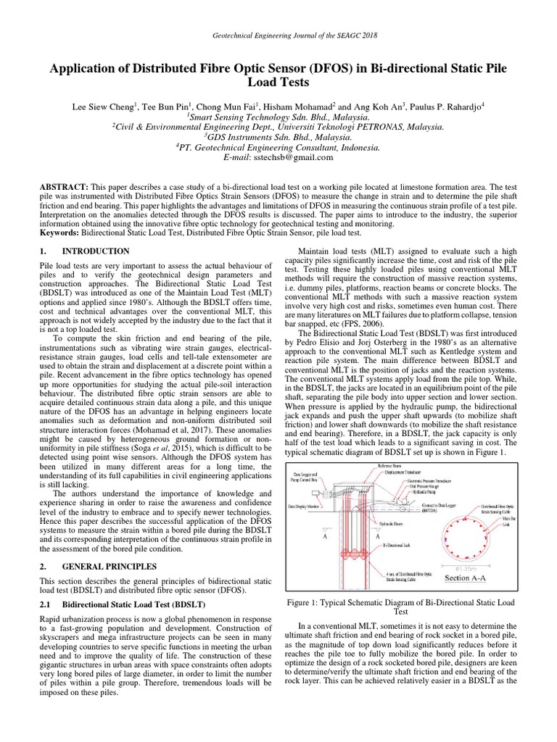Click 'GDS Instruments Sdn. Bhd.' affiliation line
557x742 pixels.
(278, 136)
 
